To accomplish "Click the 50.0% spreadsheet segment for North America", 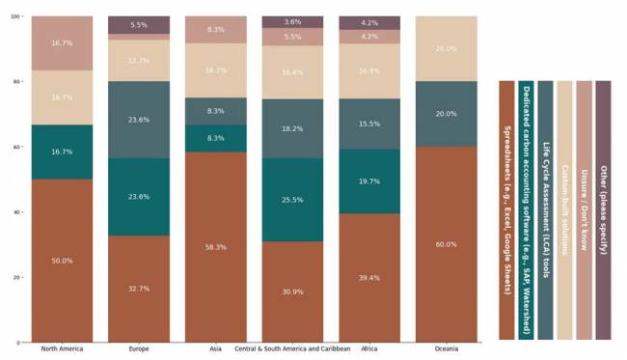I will point(62,260).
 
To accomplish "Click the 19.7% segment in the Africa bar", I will point(369,180).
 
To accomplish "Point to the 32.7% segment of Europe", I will point(139,288).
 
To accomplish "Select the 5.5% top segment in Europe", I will point(139,25).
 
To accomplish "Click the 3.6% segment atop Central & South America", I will point(292,21).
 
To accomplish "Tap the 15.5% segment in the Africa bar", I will point(369,124).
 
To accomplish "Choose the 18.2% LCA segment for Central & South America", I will point(292,127).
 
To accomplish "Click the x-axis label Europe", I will point(139,348).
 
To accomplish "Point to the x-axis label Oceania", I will point(447,348).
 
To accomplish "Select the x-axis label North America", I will point(62,348).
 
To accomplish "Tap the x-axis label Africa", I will point(369,348).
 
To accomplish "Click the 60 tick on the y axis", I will point(18,147).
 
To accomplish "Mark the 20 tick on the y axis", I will point(18,277).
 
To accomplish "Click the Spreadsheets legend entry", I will point(506,210).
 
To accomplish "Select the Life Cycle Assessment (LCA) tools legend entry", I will point(545,210).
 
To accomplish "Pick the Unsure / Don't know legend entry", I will point(584,210).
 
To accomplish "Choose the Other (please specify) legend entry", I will point(603,210).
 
